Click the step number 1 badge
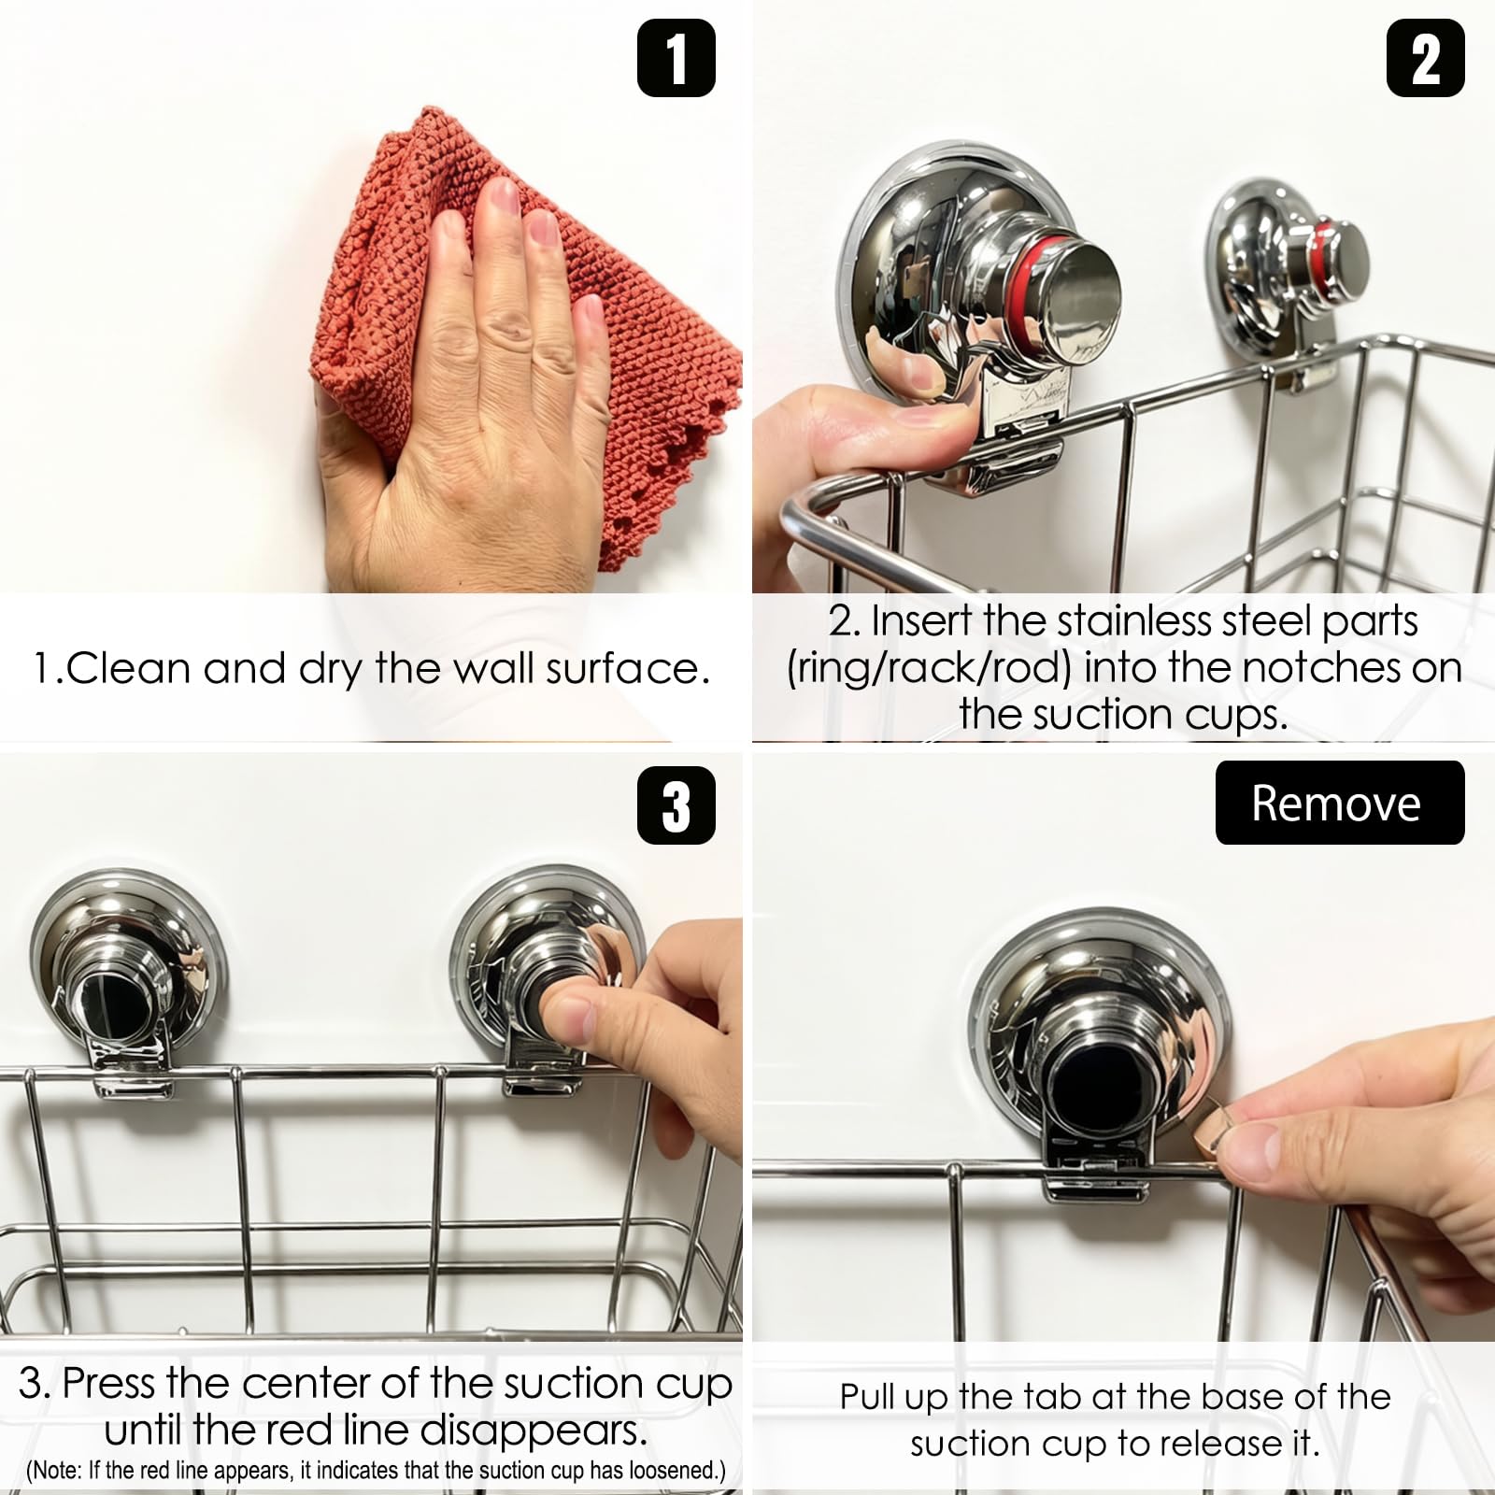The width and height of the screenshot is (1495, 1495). click(676, 58)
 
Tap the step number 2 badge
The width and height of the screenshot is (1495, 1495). click(1425, 58)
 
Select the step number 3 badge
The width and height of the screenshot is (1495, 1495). click(676, 805)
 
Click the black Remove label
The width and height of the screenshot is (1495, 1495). click(1340, 803)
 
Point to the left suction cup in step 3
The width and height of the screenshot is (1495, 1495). click(128, 976)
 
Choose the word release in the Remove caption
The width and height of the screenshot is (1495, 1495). click(1217, 1445)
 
